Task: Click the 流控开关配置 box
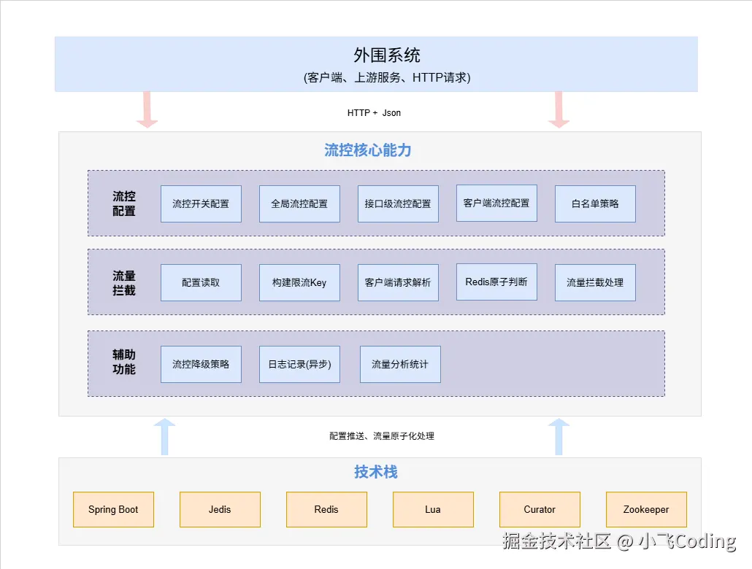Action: [x=201, y=204]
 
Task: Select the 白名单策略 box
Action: [x=595, y=204]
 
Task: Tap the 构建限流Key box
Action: [x=299, y=282]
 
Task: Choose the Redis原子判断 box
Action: [x=496, y=282]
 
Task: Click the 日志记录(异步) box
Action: [x=299, y=364]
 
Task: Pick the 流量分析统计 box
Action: [x=400, y=364]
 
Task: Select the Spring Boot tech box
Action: [x=113, y=509]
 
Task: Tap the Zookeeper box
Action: [x=646, y=509]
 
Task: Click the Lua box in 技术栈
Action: [x=433, y=509]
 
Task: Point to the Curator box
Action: [x=540, y=509]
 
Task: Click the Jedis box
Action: [x=220, y=509]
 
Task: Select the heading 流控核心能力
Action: [x=368, y=150]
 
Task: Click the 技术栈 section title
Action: [x=376, y=472]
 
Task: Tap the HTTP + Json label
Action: [x=374, y=113]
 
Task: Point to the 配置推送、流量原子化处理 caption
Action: [x=382, y=436]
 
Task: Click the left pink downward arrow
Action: [x=147, y=109]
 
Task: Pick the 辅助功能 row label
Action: [x=124, y=362]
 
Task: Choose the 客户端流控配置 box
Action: [x=496, y=203]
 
